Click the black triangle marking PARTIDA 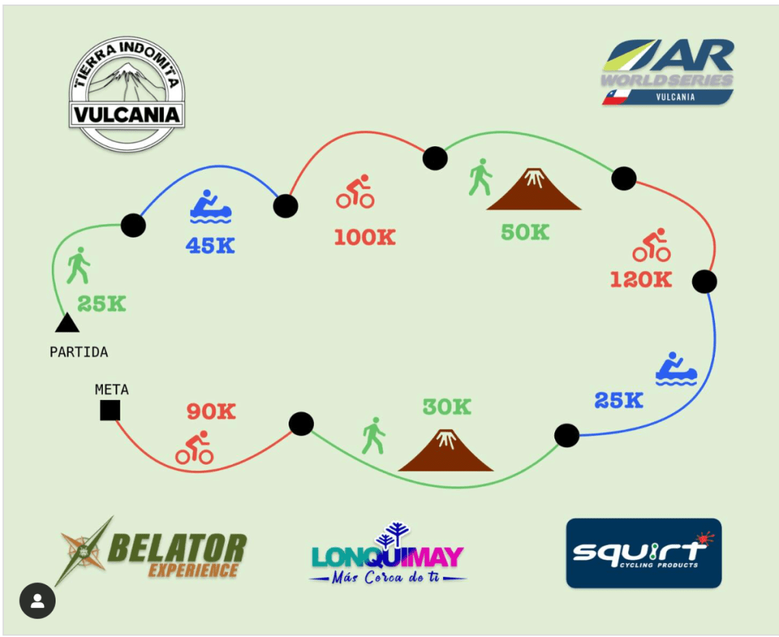[67, 324]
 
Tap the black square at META [110, 411]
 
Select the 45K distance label [210, 245]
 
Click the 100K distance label [365, 237]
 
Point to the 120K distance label [640, 280]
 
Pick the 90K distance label [211, 411]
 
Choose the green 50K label [525, 232]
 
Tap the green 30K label [447, 407]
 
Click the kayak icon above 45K [210, 207]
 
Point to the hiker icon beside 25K [78, 266]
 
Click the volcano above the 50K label [534, 189]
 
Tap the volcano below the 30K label [446, 450]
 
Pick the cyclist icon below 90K [194, 449]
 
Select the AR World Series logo [668, 72]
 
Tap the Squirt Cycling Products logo [643, 552]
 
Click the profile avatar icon [37, 601]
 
